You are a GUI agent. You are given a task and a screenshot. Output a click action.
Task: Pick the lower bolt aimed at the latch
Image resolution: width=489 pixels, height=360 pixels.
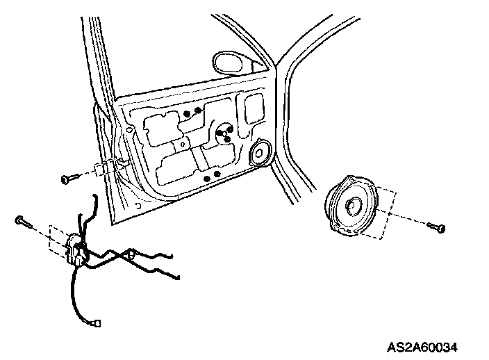[22, 222]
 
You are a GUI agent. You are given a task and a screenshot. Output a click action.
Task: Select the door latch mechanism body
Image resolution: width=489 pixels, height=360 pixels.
[76, 249]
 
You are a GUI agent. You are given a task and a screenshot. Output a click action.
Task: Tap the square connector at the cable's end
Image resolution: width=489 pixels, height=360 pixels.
[98, 322]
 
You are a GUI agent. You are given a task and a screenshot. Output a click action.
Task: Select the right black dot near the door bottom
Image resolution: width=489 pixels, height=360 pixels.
[217, 173]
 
